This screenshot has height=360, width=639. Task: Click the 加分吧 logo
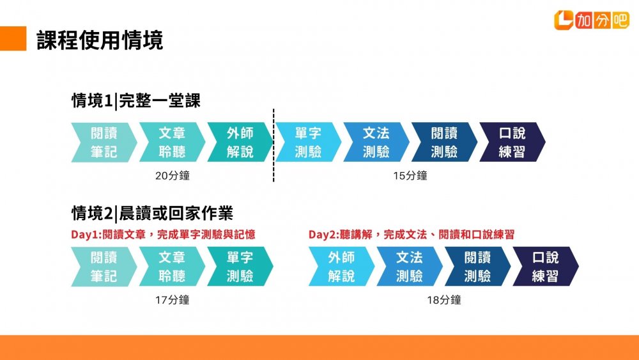pyautogui.click(x=591, y=20)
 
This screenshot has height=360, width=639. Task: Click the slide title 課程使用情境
pyautogui.click(x=100, y=40)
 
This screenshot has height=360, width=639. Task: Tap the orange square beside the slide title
pyautogui.click(x=13, y=38)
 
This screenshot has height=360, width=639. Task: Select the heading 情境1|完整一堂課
pyautogui.click(x=136, y=100)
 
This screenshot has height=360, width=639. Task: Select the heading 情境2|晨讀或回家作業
pyautogui.click(x=153, y=213)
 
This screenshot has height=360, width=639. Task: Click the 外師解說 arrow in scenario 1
pyautogui.click(x=240, y=143)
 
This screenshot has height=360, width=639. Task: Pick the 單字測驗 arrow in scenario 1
pyautogui.click(x=308, y=143)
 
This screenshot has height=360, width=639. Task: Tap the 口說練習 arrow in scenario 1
pyautogui.click(x=512, y=143)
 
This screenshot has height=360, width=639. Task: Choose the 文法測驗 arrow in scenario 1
pyautogui.click(x=376, y=143)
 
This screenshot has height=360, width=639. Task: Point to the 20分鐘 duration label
pyautogui.click(x=173, y=176)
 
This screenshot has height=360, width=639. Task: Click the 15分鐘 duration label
pyautogui.click(x=410, y=176)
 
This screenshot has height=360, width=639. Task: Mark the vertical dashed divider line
pyautogui.click(x=273, y=145)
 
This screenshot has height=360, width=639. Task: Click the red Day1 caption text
pyautogui.click(x=163, y=235)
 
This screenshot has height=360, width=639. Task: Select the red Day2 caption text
pyautogui.click(x=411, y=235)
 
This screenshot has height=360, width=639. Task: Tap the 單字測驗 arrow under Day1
pyautogui.click(x=240, y=267)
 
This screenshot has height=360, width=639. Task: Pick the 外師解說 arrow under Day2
pyautogui.click(x=341, y=267)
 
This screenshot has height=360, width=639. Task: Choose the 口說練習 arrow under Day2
pyautogui.click(x=546, y=267)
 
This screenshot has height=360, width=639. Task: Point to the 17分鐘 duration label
pyautogui.click(x=173, y=300)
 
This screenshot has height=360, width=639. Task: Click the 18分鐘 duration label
pyautogui.click(x=444, y=300)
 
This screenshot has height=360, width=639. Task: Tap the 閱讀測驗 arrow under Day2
pyautogui.click(x=477, y=267)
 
